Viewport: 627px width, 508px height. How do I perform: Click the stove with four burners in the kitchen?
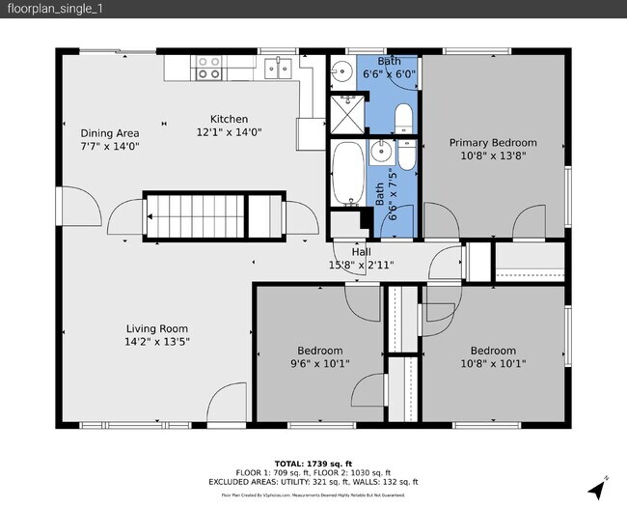208,67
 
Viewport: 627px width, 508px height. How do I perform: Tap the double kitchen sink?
279,67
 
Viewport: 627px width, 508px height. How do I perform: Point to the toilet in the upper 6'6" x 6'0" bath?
403,119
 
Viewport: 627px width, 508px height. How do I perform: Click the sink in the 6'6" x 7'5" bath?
382,151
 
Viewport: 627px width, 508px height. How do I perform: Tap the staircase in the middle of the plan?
192,217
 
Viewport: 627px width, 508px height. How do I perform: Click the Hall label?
361,251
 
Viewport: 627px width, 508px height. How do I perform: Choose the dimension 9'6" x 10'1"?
319,364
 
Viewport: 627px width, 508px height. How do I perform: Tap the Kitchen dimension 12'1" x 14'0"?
230,132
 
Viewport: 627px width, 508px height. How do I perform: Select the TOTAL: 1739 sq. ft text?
313,464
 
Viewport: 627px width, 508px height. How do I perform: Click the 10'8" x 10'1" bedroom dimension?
493,364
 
